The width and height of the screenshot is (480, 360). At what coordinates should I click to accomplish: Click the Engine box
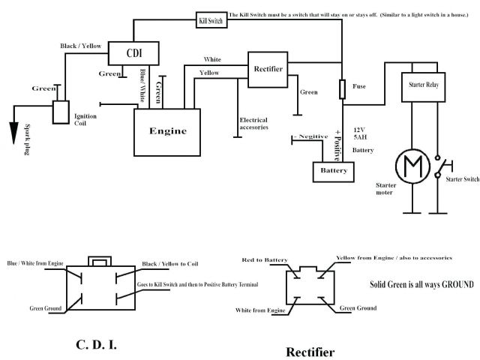tap(167, 130)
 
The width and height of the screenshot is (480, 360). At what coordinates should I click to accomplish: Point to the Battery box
tap(333, 171)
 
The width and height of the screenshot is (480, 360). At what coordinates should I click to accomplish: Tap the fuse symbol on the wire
tap(343, 90)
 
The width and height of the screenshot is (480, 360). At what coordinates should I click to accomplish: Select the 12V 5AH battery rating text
tap(361, 131)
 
